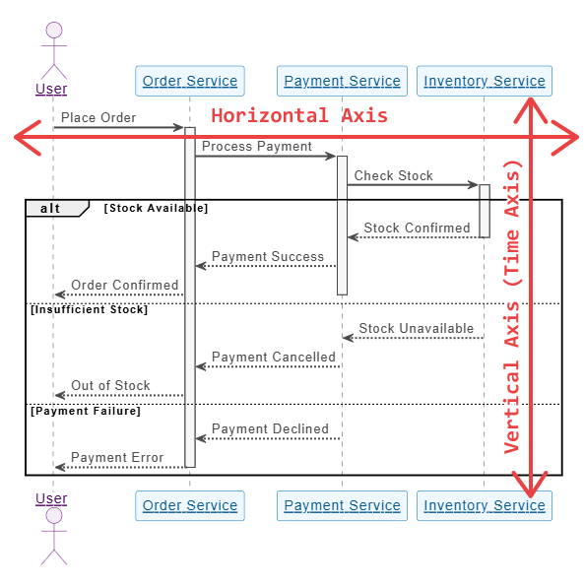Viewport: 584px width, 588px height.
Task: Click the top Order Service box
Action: (x=190, y=81)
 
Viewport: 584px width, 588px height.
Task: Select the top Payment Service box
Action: (x=342, y=81)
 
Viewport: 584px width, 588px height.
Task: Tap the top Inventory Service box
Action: (x=484, y=81)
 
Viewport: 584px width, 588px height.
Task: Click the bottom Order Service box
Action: (x=190, y=505)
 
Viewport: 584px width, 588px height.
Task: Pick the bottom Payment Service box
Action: (x=342, y=505)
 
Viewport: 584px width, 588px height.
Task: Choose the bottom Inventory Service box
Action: (x=484, y=505)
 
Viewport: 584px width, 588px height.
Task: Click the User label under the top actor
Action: (x=51, y=89)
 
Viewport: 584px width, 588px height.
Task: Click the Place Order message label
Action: (x=98, y=117)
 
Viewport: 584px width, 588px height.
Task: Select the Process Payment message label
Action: (x=257, y=147)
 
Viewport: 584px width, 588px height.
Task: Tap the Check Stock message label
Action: (x=393, y=175)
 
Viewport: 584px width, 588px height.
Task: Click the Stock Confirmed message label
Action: (x=417, y=228)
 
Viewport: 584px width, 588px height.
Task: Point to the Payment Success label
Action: (x=268, y=256)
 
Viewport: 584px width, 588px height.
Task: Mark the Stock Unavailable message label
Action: (x=416, y=328)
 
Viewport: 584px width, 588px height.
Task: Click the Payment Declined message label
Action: (x=270, y=428)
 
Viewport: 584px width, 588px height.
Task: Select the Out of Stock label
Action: (x=110, y=385)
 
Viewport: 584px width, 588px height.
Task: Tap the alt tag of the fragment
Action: (x=51, y=208)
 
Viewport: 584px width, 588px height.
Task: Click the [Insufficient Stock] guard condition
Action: (x=90, y=309)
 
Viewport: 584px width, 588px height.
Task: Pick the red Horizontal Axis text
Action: (x=299, y=115)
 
